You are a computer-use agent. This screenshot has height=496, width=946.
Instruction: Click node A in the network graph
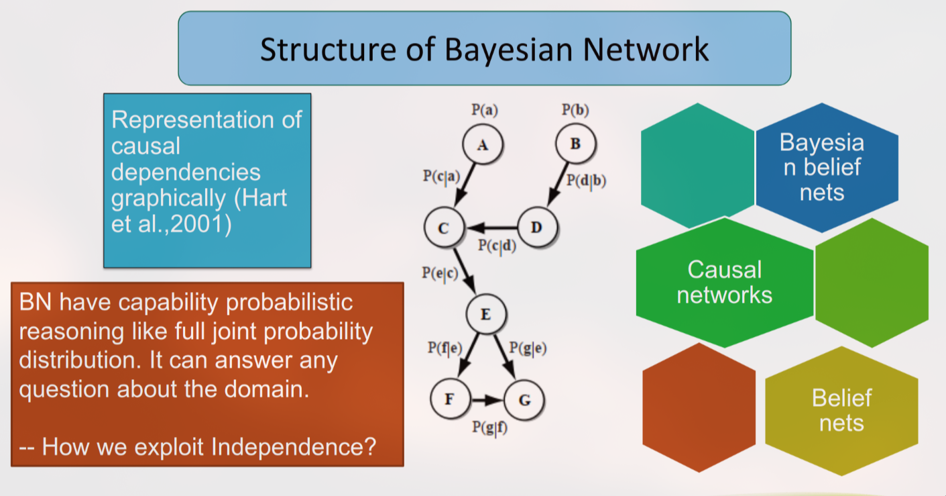[x=483, y=144]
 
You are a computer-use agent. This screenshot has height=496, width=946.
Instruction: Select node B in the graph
[x=576, y=144]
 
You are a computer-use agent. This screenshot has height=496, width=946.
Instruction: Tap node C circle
[x=444, y=228]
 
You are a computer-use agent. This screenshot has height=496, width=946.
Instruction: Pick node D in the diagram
[x=537, y=227]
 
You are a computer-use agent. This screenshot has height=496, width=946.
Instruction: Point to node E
[x=486, y=314]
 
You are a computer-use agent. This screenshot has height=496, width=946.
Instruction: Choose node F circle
[x=450, y=399]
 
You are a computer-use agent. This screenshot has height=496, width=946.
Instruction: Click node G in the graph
[x=524, y=399]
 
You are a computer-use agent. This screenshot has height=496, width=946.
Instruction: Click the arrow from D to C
[x=491, y=228]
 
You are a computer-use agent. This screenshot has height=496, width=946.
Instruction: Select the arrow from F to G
[x=487, y=399]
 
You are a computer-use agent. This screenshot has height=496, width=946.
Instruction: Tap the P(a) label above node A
[x=485, y=110]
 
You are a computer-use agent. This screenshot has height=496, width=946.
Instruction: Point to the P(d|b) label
[x=586, y=181]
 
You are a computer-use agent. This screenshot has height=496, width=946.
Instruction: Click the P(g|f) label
[x=490, y=428]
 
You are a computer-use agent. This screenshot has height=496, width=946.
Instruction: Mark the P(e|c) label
[x=440, y=273]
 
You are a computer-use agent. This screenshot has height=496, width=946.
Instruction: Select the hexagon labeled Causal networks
[x=725, y=283]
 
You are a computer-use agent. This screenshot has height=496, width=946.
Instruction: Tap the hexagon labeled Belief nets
[x=841, y=411]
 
